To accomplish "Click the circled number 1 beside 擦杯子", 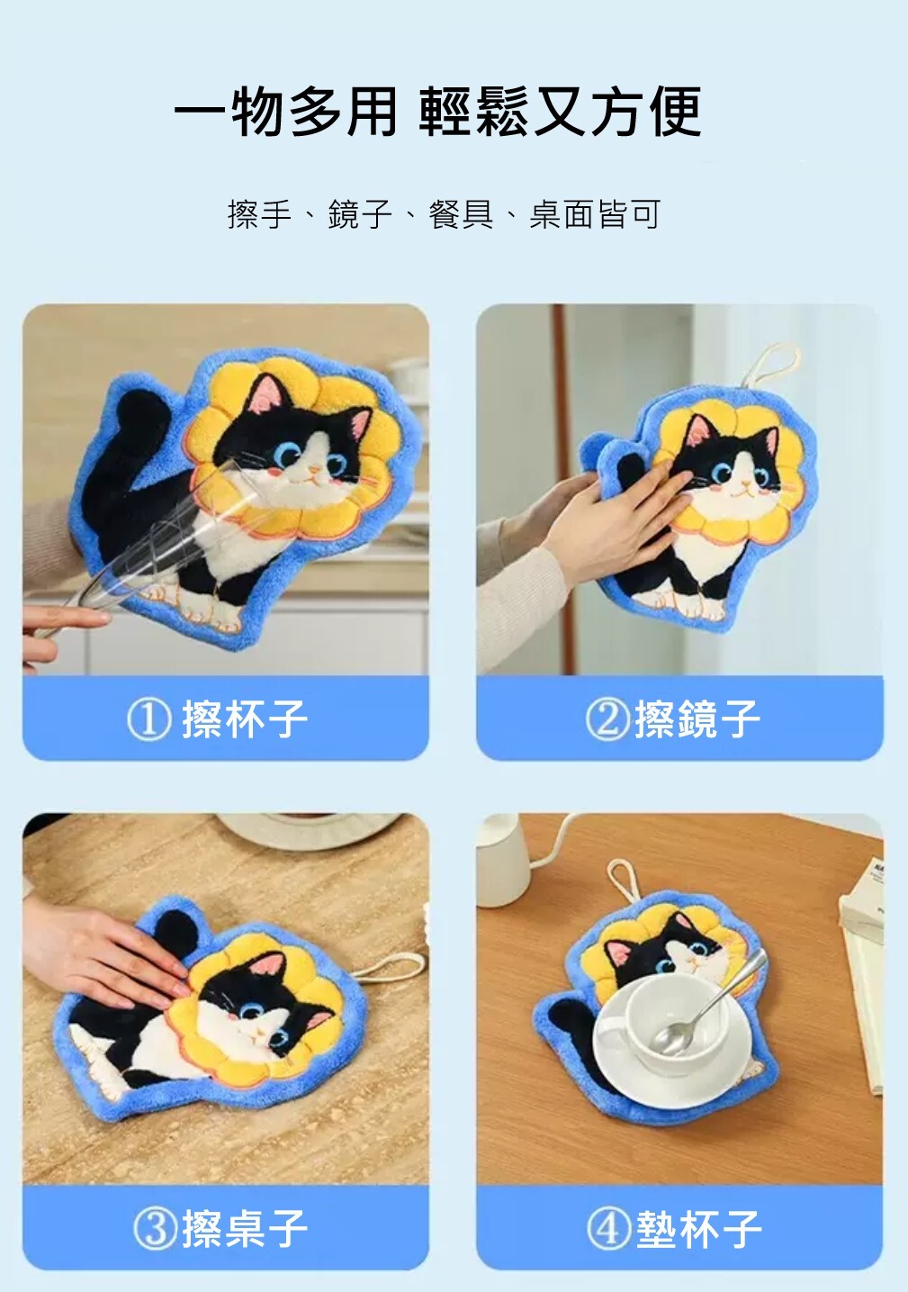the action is coord(149,719).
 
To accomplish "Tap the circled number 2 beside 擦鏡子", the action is coord(607,719).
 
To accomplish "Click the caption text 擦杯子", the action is coord(245,719).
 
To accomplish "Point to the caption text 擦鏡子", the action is coord(697,719).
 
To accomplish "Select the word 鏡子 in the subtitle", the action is coord(361,214).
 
